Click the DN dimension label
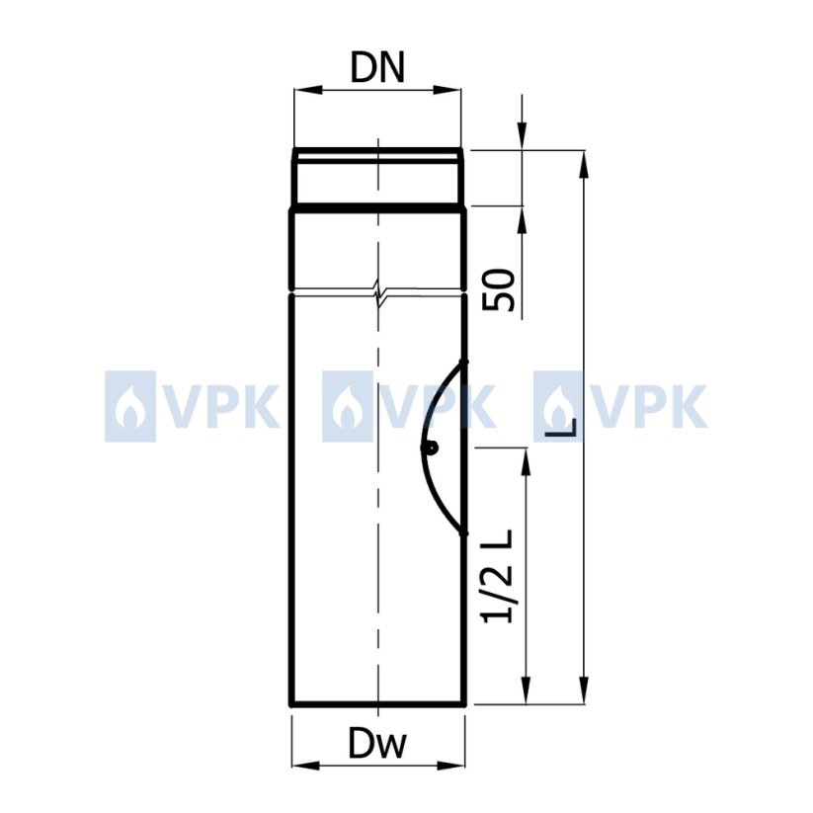377,68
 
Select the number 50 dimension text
499,289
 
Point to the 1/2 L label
498,576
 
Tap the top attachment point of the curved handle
464,362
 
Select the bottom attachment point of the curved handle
464,533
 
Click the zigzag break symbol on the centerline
378,292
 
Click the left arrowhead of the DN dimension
305,90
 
